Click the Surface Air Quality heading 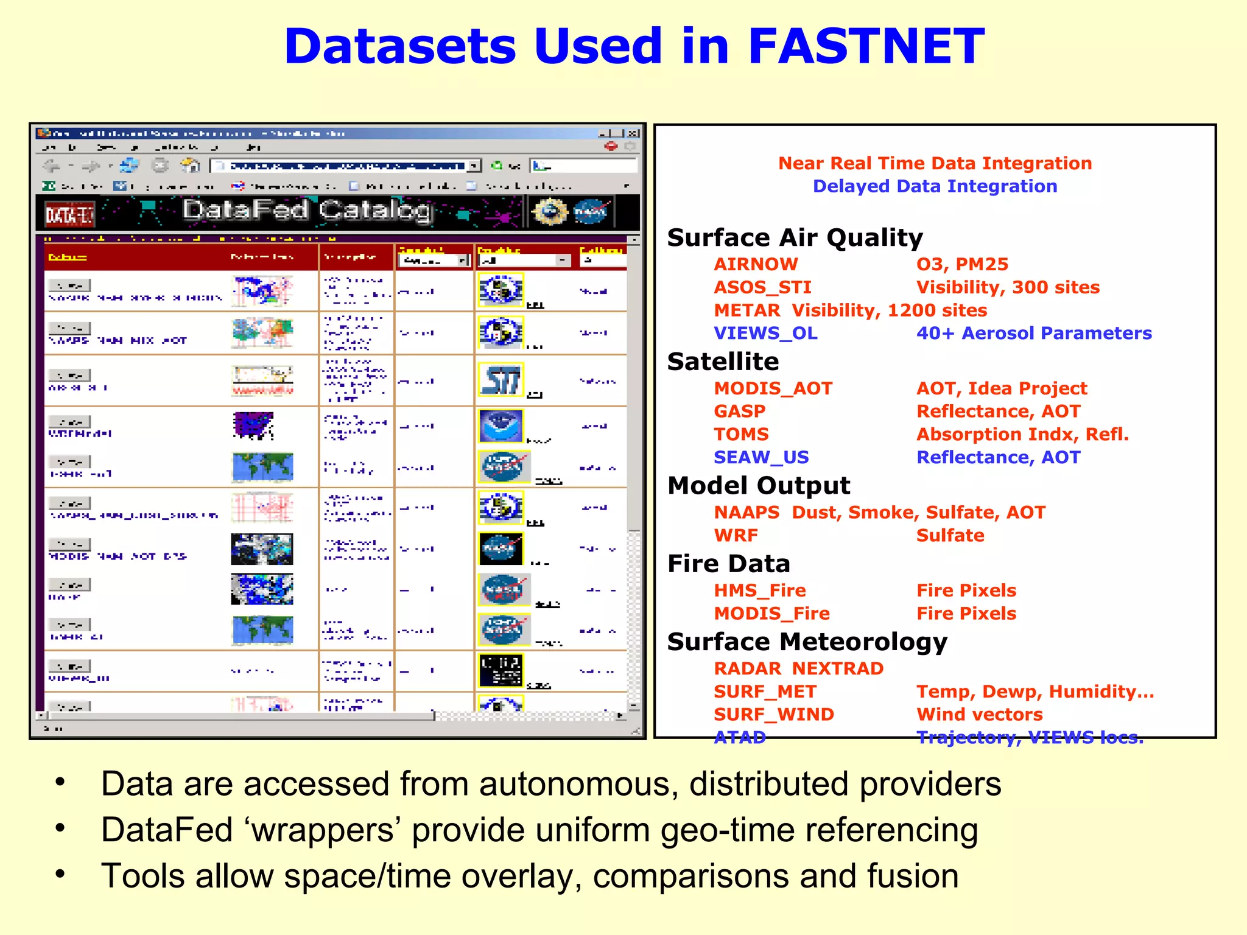click(795, 237)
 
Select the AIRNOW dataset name click(756, 264)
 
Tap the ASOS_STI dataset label click(762, 287)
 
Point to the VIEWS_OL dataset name click(765, 334)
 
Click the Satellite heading click(723, 362)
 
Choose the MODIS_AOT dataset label click(773, 388)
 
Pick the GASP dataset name click(739, 411)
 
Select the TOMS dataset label click(741, 435)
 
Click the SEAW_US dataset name click(761, 457)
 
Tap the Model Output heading click(759, 486)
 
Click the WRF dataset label click(736, 536)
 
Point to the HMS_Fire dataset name click(759, 590)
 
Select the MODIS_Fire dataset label click(771, 614)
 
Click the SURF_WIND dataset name click(773, 715)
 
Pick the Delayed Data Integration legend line click(935, 186)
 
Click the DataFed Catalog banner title click(307, 211)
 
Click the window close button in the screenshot click(634, 133)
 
